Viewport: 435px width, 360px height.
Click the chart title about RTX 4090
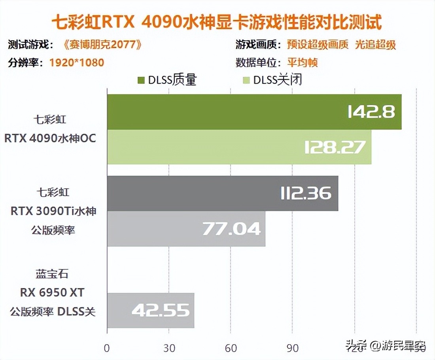[x=217, y=23]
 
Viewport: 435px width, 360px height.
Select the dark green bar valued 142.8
[x=254, y=112]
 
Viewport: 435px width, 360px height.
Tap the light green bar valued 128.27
[x=239, y=147]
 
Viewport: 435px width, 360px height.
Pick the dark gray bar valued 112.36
[x=222, y=193]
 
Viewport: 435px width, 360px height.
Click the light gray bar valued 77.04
[x=186, y=229]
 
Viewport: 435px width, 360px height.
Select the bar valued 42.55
[x=150, y=311]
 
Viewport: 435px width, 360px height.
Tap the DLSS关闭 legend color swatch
[x=246, y=81]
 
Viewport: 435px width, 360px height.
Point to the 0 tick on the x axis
[x=107, y=348]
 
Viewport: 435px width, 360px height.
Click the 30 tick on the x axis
[x=169, y=348]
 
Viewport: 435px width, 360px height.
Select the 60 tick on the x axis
[x=231, y=348]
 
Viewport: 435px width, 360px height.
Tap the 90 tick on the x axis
[x=293, y=348]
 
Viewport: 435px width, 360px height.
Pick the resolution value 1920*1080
[x=77, y=63]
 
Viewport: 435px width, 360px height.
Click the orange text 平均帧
[x=303, y=63]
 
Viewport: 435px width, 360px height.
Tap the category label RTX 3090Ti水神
[x=53, y=211]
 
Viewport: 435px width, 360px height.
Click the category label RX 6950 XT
[x=53, y=293]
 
